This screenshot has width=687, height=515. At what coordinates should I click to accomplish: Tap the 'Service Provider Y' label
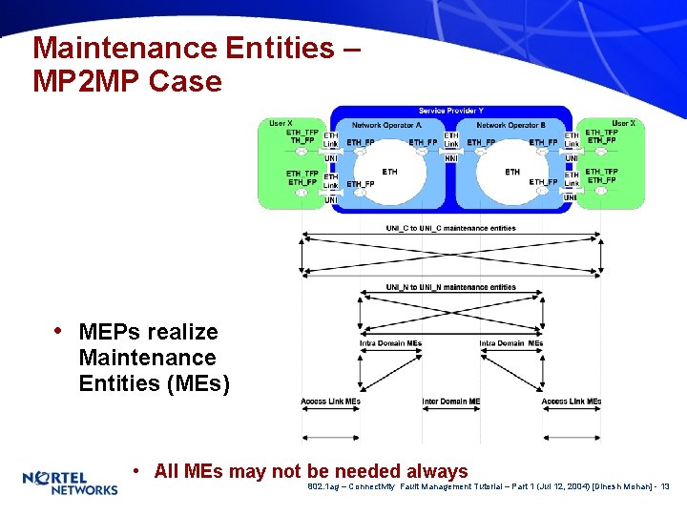coord(450,112)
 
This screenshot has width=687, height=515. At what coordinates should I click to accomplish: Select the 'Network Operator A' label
coord(386,125)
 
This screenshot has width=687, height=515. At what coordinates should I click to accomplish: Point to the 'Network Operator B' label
coord(510,125)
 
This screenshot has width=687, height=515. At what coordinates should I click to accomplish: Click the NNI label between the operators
coord(450,157)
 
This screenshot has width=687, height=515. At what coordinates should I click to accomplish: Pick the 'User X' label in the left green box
coord(281,123)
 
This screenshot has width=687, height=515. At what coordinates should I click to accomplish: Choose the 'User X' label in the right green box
coord(623,123)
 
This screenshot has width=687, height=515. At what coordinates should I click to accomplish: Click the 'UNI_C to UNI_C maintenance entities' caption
coord(450,228)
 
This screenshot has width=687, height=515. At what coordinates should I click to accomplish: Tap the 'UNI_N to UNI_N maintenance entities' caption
coord(450,287)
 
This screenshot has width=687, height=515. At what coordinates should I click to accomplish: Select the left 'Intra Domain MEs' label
coord(390,343)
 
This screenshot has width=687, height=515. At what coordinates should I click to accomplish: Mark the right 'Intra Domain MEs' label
coord(510,343)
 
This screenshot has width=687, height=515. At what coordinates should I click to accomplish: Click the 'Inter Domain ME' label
coord(450,402)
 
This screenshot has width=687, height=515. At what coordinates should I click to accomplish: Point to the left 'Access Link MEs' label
coord(330,402)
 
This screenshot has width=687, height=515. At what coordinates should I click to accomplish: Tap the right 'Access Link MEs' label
coord(571,402)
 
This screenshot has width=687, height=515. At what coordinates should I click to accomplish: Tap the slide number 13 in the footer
coord(665,487)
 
